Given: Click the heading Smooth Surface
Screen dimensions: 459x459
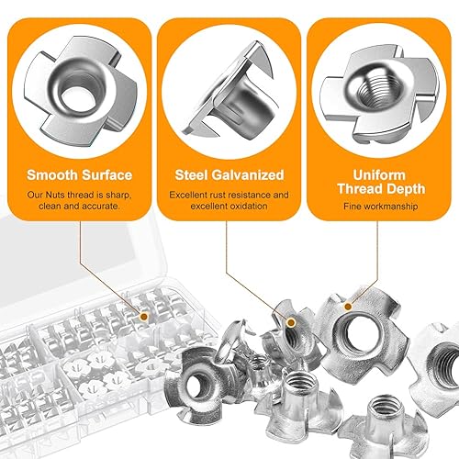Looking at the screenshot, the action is [80, 175].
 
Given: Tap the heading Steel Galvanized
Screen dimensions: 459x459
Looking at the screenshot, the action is [229, 175].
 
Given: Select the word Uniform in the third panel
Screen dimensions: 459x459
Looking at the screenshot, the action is [379, 175].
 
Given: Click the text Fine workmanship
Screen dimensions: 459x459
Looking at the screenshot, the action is [381, 207].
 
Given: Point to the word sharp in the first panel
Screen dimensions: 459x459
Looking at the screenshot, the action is [118, 196].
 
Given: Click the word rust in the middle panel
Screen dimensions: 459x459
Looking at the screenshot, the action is [218, 195].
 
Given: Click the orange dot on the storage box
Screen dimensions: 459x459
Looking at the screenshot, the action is [144, 317].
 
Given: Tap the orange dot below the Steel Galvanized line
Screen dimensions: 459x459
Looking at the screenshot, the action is [291, 322].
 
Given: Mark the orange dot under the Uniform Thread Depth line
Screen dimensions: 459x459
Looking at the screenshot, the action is [348, 306].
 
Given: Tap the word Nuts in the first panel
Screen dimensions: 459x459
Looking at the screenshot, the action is [55, 196].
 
